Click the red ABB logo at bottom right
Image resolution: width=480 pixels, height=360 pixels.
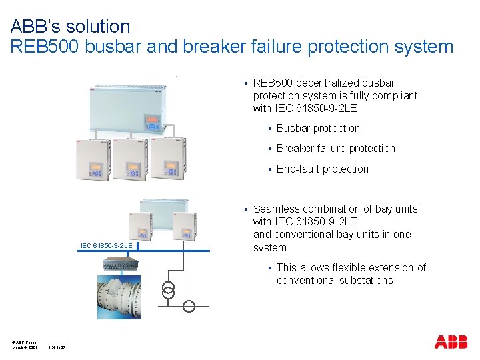[x=451, y=342]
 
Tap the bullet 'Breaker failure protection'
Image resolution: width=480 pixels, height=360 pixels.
[x=335, y=149]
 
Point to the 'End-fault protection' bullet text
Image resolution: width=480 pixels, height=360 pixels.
[x=322, y=169]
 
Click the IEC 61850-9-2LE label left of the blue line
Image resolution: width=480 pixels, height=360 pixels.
[x=106, y=246]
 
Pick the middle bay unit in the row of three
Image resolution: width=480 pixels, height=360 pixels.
[x=129, y=159]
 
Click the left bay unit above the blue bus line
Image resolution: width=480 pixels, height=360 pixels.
[x=141, y=226]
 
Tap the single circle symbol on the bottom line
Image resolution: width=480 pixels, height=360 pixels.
[x=190, y=307]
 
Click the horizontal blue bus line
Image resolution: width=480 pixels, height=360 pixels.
[x=173, y=251]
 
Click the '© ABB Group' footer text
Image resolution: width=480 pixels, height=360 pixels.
[x=23, y=343]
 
